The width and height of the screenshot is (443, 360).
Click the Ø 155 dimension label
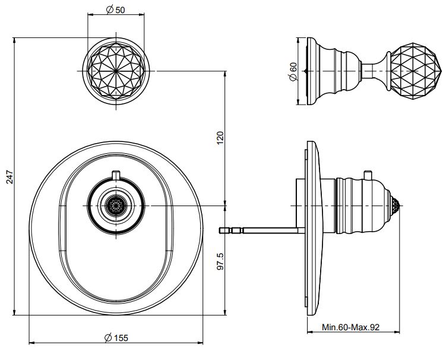pos(116,338)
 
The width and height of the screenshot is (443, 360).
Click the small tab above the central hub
pos(116,174)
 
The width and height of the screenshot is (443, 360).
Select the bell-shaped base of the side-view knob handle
pos(337,71)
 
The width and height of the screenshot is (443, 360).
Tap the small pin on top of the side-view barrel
pos(369,173)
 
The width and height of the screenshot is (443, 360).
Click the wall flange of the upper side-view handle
pos(309,71)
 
